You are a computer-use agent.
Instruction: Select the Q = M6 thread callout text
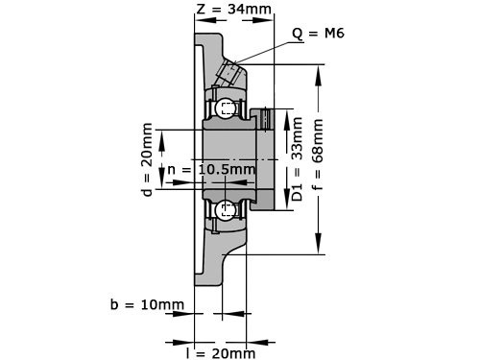(x=319, y=33)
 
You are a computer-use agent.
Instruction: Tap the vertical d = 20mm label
(x=147, y=159)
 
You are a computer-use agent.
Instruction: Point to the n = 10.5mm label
(x=211, y=171)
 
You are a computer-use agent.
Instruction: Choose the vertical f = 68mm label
(x=319, y=159)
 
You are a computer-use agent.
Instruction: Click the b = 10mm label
(x=146, y=304)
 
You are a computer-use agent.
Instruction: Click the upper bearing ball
(x=225, y=108)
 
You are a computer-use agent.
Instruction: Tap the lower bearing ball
(x=225, y=208)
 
